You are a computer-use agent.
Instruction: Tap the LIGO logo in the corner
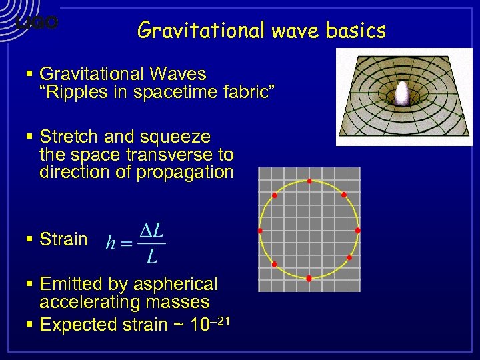click(37, 23)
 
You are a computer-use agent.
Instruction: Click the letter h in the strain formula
click(111, 243)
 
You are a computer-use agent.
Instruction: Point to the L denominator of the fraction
click(152, 256)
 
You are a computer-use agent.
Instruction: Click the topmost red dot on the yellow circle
click(309, 181)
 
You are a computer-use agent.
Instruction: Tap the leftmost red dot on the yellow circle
click(260, 231)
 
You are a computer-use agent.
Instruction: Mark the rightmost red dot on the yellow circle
click(358, 231)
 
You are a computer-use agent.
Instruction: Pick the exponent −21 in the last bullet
click(220, 321)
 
